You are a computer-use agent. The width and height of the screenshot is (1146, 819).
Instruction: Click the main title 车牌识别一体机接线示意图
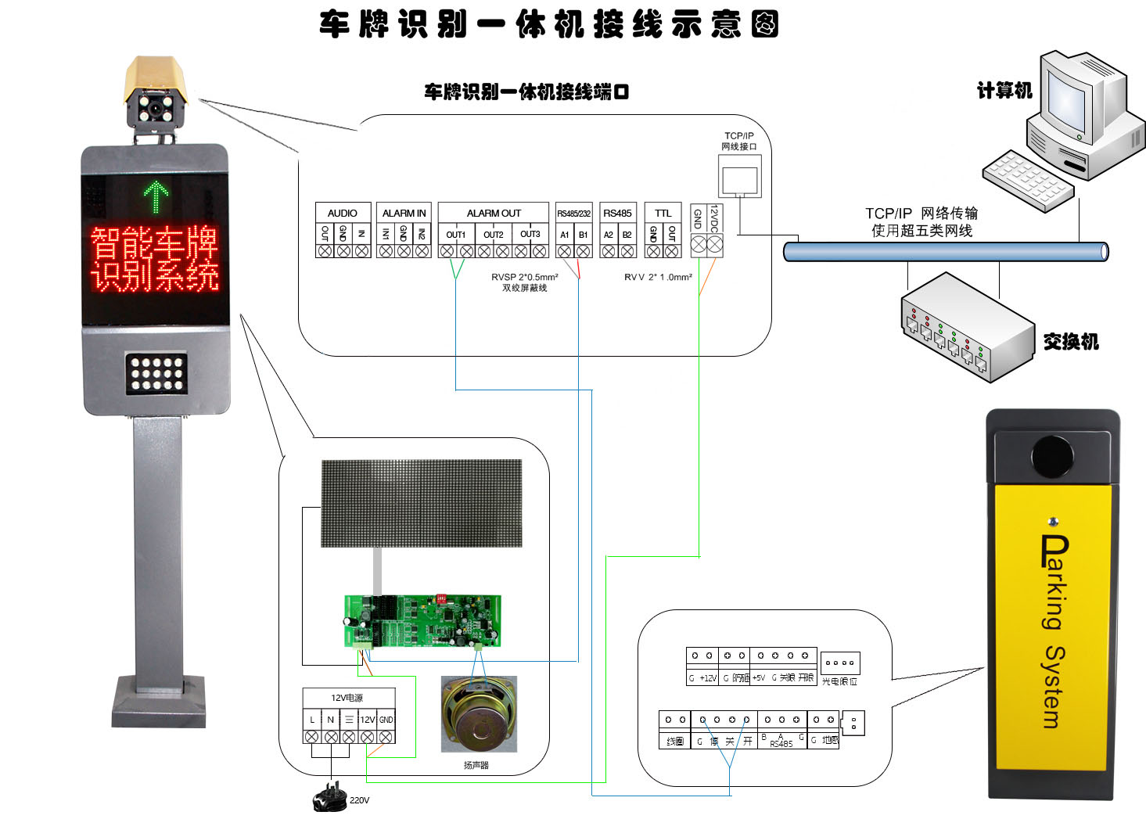click(548, 25)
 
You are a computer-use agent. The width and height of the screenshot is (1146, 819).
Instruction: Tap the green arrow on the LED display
click(156, 196)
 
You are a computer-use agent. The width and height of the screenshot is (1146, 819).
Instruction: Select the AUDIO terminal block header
click(343, 213)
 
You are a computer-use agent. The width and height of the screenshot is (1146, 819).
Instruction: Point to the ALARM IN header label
click(404, 213)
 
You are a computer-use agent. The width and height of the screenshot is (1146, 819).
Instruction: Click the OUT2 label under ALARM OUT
click(494, 235)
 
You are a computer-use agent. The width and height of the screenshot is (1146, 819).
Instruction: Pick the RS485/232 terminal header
click(573, 213)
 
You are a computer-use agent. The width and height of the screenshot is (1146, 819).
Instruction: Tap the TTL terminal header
click(663, 213)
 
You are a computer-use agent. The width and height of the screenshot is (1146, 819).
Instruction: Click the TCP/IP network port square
click(739, 179)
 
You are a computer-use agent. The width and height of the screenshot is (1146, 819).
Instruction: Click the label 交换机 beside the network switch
click(1071, 342)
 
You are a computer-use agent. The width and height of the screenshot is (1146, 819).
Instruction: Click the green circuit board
click(422, 621)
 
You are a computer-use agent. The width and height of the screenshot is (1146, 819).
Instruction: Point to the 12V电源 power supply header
click(347, 698)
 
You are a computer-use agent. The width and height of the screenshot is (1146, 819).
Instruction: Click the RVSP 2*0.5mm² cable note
click(524, 277)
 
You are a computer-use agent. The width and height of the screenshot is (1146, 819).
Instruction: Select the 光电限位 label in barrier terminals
click(840, 681)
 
